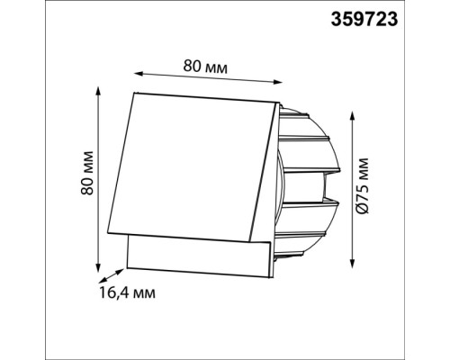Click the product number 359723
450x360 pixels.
tap(364, 20)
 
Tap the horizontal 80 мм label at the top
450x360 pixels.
tap(205, 67)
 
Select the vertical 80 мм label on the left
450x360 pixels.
tap(87, 173)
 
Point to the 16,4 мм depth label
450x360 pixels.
tap(128, 292)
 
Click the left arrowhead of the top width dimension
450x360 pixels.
tap(138, 74)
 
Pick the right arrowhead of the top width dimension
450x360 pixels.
tap(278, 82)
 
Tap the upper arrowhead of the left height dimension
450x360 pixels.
tap(97, 91)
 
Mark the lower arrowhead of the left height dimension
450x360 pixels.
tap(97, 268)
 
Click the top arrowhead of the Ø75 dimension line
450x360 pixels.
tap(353, 115)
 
